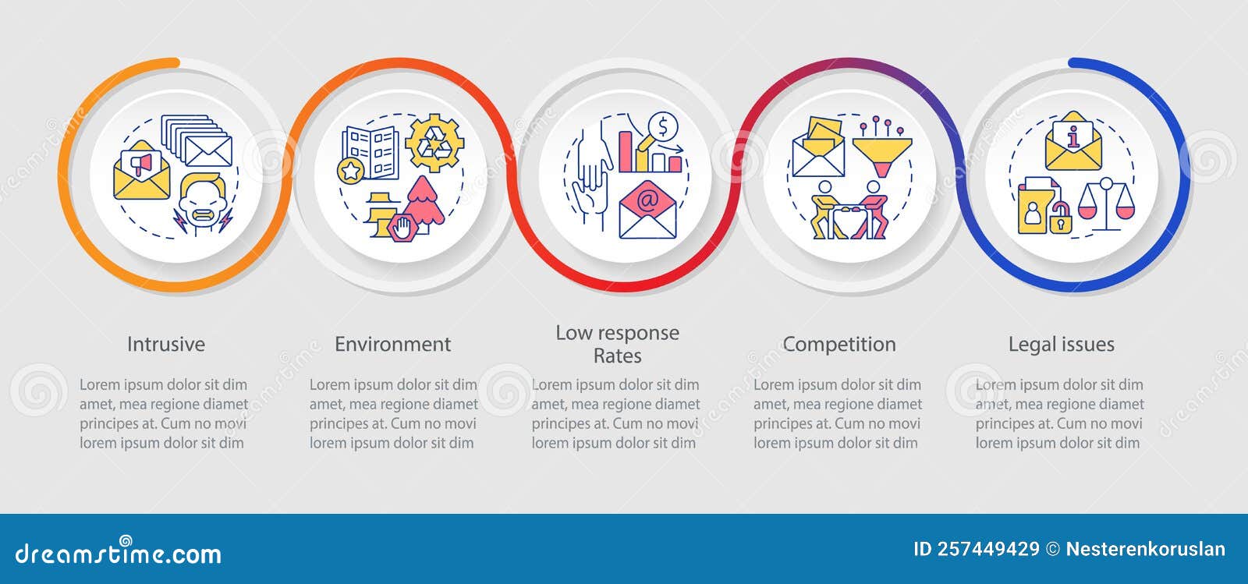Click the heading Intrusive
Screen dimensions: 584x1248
tap(166, 344)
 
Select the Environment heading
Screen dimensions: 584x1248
tap(392, 344)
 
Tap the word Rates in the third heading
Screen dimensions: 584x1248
tap(617, 356)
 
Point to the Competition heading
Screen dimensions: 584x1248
tap(839, 344)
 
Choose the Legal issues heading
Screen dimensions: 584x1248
tap(1061, 344)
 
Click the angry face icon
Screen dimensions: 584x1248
tap(202, 204)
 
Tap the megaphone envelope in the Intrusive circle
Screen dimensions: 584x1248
tap(141, 171)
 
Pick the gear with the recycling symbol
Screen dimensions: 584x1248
tap(435, 143)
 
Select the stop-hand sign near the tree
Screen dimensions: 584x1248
tap(400, 228)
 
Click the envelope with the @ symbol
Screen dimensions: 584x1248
tap(647, 210)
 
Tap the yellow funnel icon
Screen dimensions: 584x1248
tap(882, 153)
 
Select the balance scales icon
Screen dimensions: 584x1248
tap(1105, 204)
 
